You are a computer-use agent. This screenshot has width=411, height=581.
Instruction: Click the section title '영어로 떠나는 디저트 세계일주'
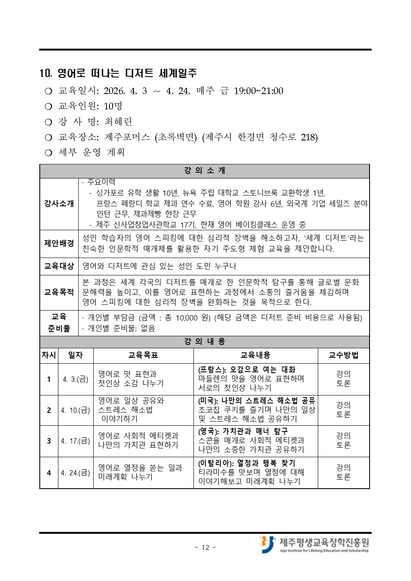tap(127, 73)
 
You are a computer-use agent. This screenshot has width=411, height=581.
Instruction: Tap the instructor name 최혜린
tap(118, 122)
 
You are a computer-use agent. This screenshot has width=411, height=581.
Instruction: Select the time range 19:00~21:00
tap(258, 91)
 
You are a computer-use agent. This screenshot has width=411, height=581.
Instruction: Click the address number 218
tap(309, 137)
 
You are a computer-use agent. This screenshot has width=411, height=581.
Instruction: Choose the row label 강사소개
tap(59, 203)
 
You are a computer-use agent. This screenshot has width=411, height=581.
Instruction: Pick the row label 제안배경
tap(59, 243)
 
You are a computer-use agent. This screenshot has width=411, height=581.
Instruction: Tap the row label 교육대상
tap(59, 266)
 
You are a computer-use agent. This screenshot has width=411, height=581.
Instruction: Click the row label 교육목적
tap(59, 292)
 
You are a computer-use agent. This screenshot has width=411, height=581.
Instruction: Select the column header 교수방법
tap(343, 355)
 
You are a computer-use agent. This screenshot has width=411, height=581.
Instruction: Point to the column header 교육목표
tap(143, 355)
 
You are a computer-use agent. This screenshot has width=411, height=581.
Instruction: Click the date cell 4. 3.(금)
tap(75, 379)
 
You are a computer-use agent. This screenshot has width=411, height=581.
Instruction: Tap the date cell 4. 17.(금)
tap(75, 441)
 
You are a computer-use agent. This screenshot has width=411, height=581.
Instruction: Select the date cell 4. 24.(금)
tap(75, 473)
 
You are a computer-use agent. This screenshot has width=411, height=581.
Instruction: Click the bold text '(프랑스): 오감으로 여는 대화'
tap(247, 369)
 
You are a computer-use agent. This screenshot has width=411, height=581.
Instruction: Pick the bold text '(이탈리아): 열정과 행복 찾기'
tap(247, 463)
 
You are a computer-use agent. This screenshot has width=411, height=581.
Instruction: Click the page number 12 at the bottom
tap(205, 547)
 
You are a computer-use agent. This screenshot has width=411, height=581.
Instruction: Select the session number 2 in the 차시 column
tap(49, 410)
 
